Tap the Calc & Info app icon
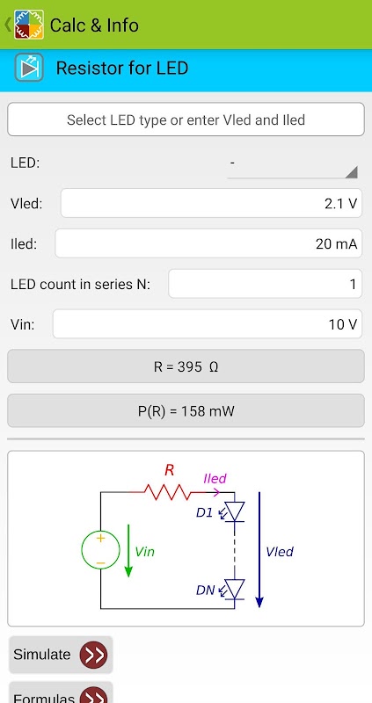click(x=29, y=25)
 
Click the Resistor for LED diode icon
click(x=29, y=68)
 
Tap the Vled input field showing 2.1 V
click(x=211, y=203)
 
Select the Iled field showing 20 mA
click(x=208, y=243)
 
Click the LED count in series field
click(x=265, y=283)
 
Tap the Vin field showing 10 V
click(x=208, y=323)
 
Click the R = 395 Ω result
click(x=186, y=366)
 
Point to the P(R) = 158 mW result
click(x=186, y=410)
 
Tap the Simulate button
click(x=61, y=655)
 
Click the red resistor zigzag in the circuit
click(x=166, y=492)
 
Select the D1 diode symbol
click(x=234, y=511)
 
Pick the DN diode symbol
click(x=234, y=589)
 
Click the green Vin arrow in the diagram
click(x=128, y=551)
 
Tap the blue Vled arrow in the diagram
click(x=259, y=550)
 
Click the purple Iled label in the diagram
click(x=215, y=478)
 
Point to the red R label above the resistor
click(x=169, y=470)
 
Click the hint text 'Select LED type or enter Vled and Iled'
click(x=186, y=120)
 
